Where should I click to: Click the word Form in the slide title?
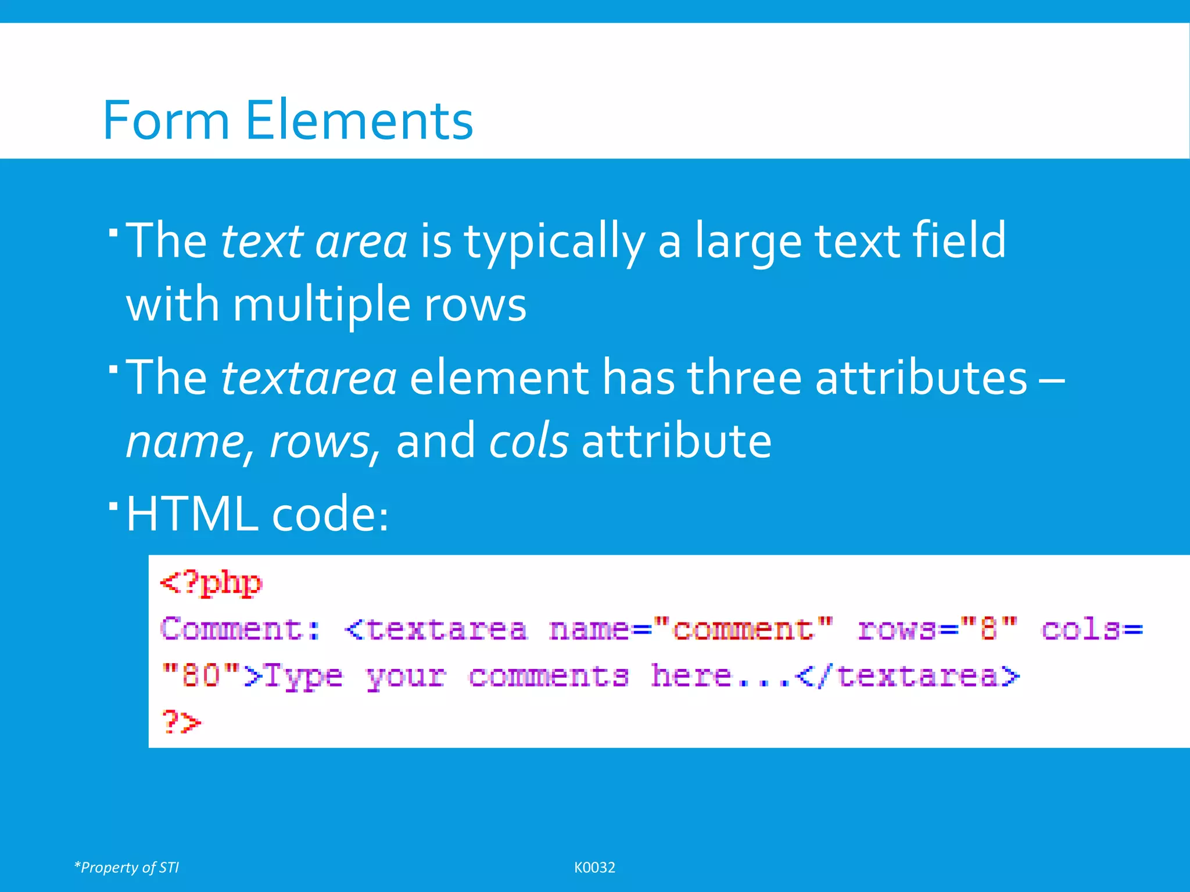coord(166,121)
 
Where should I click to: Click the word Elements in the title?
coord(359,121)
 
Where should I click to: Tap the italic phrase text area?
coord(314,241)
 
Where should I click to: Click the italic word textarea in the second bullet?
coord(309,378)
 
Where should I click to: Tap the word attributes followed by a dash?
coord(921,378)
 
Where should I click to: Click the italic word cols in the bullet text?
coord(528,441)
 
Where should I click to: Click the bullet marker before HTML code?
coord(113,505)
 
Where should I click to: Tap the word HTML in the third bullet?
coord(192,514)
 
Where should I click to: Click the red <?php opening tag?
coord(212,583)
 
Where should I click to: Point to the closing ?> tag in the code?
coord(181,722)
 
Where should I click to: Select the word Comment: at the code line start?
coord(240,630)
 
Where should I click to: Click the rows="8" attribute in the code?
coord(937,630)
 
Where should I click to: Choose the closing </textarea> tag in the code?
coord(907,676)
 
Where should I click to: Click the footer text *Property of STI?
coord(127,868)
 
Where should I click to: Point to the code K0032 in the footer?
coord(594,868)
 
